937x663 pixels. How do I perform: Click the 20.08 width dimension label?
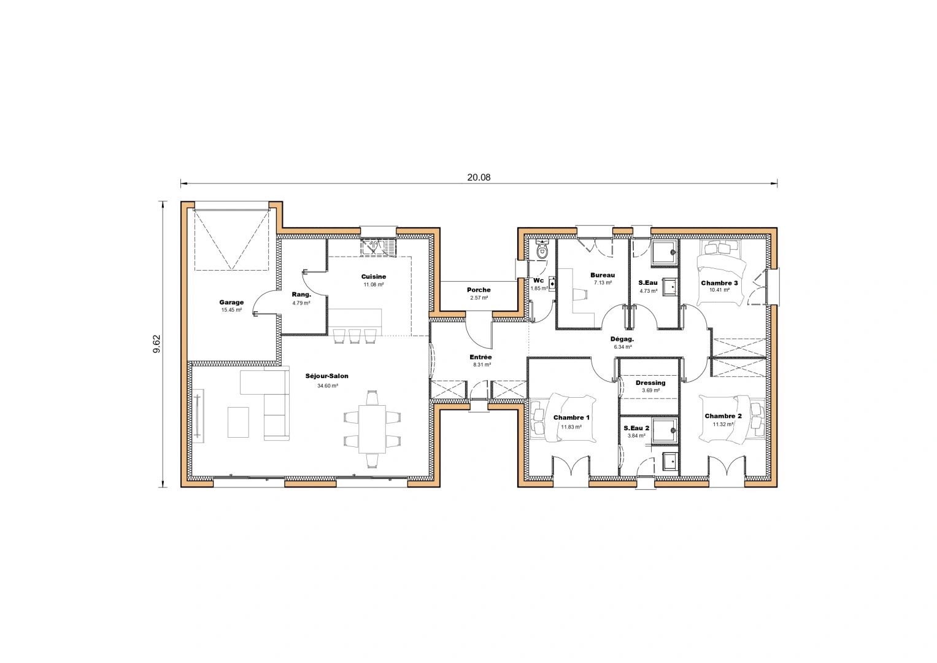click(479, 177)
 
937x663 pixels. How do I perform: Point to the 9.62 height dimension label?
click(156, 344)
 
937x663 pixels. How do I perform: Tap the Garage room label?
click(231, 302)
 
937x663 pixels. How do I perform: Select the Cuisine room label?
click(373, 277)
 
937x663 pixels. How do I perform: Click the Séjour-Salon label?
click(327, 376)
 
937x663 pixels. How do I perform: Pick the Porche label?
click(479, 290)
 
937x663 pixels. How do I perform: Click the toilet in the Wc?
click(542, 250)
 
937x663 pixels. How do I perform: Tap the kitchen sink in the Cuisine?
click(378, 247)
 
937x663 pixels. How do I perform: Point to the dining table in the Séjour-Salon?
click(372, 428)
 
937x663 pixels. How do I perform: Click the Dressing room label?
click(650, 382)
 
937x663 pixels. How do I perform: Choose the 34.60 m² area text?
click(327, 386)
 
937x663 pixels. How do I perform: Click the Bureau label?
click(603, 275)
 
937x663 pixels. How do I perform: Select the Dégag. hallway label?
click(622, 339)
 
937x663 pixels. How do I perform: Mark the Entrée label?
click(480, 357)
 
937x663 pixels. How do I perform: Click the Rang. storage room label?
click(301, 295)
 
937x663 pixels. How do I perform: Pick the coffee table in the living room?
click(238, 422)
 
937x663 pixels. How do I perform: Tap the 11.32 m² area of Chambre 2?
click(723, 424)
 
